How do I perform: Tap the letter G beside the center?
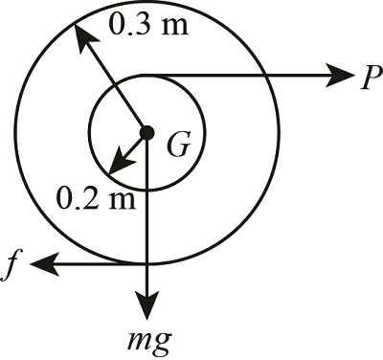177,146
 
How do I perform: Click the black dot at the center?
146,132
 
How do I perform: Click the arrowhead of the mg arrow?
146,309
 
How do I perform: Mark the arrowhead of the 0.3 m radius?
81,35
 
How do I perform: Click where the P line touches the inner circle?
146,75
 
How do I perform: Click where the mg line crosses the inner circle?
146,190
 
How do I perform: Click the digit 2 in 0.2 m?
84,201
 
